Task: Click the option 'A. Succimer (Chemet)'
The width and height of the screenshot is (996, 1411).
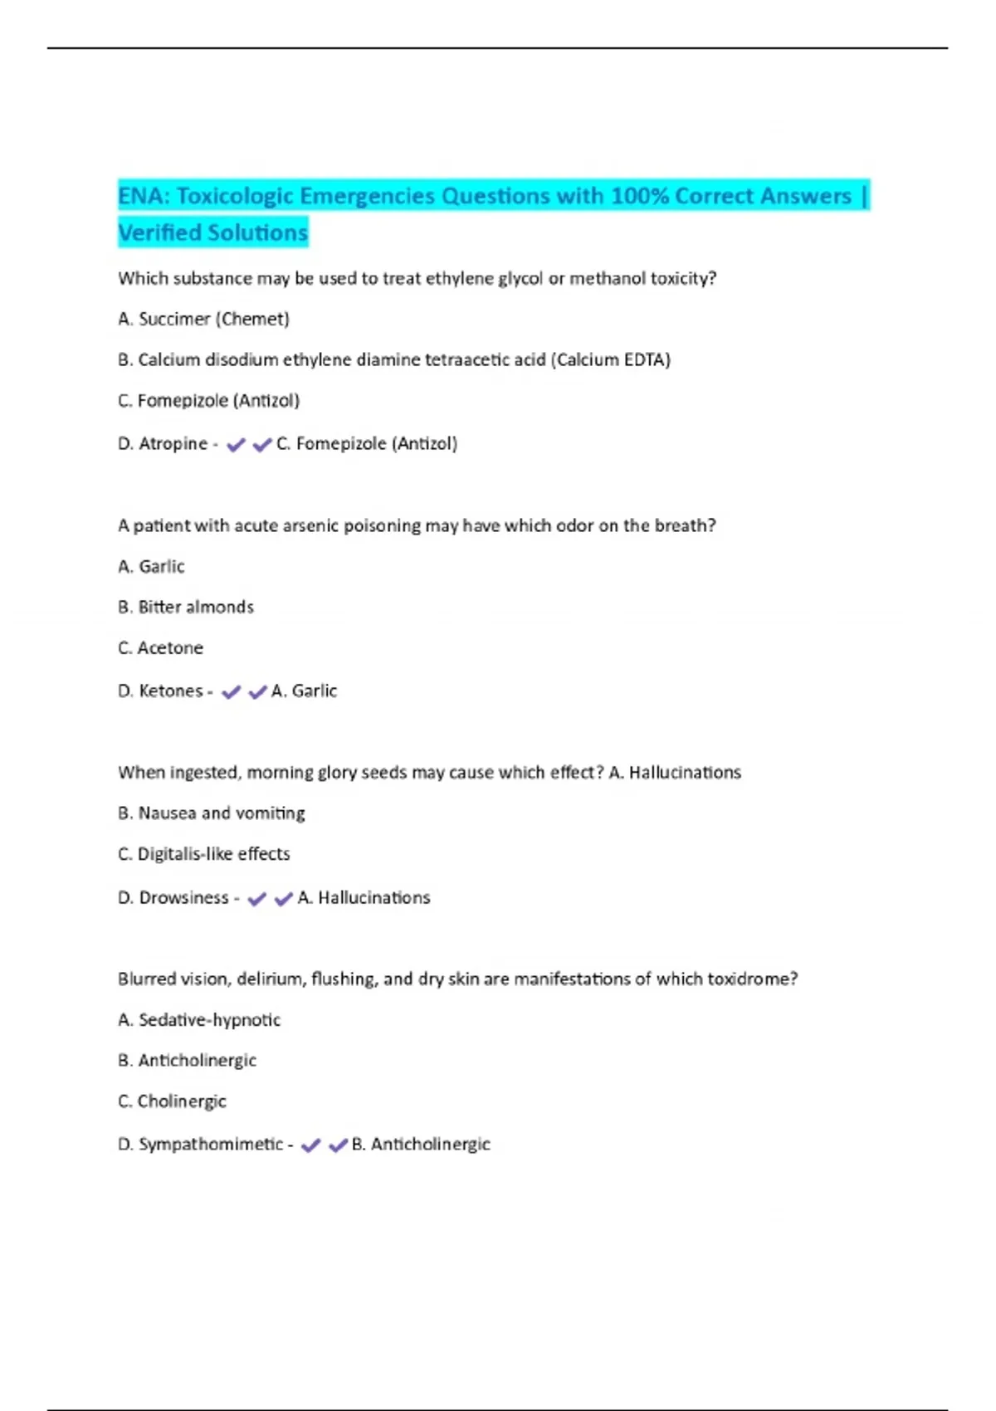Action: (203, 319)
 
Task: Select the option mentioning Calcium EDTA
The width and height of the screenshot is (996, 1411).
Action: (393, 359)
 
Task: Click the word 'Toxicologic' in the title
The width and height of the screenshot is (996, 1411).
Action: (235, 196)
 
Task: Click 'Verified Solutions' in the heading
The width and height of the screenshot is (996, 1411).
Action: (212, 232)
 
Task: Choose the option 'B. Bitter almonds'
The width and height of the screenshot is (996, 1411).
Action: (186, 607)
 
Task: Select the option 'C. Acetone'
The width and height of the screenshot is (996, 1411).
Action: (160, 647)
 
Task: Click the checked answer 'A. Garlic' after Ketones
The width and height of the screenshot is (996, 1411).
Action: (304, 691)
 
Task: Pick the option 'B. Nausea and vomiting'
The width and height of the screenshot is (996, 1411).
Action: (211, 813)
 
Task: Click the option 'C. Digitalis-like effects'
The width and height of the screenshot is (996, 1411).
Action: (203, 853)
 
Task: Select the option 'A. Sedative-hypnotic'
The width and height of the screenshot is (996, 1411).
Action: (199, 1019)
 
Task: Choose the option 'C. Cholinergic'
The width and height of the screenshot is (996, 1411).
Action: (172, 1101)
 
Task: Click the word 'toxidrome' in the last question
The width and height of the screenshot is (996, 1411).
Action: (751, 979)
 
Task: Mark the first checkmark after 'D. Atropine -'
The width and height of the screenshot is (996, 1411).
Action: (236, 445)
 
